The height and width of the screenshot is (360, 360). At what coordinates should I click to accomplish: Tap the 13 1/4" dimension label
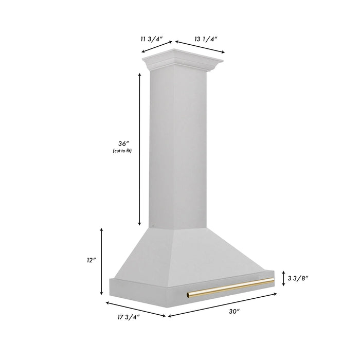pos(206,38)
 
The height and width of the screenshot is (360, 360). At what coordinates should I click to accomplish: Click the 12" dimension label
pos(92,261)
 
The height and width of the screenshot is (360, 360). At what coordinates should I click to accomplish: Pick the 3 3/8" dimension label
pos(298,278)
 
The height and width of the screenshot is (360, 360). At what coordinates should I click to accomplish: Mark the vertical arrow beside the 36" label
pos(139,149)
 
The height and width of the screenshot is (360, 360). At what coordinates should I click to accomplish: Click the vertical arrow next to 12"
pos(102,261)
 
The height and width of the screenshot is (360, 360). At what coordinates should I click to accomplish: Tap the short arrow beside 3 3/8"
pos(283,278)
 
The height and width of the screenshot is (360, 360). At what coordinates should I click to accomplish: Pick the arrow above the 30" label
pos(222,305)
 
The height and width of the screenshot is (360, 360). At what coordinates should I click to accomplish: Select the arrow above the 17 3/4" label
pos(136,308)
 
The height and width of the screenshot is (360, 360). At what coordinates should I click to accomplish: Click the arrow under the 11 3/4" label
pos(157,47)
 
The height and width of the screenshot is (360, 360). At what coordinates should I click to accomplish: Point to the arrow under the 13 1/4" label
pos(200,47)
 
